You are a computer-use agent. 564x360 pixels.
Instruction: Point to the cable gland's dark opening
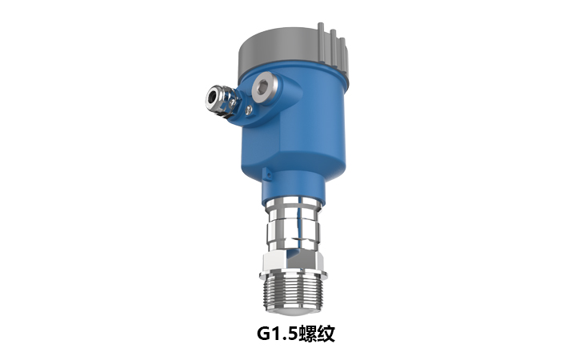coord(211,98)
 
